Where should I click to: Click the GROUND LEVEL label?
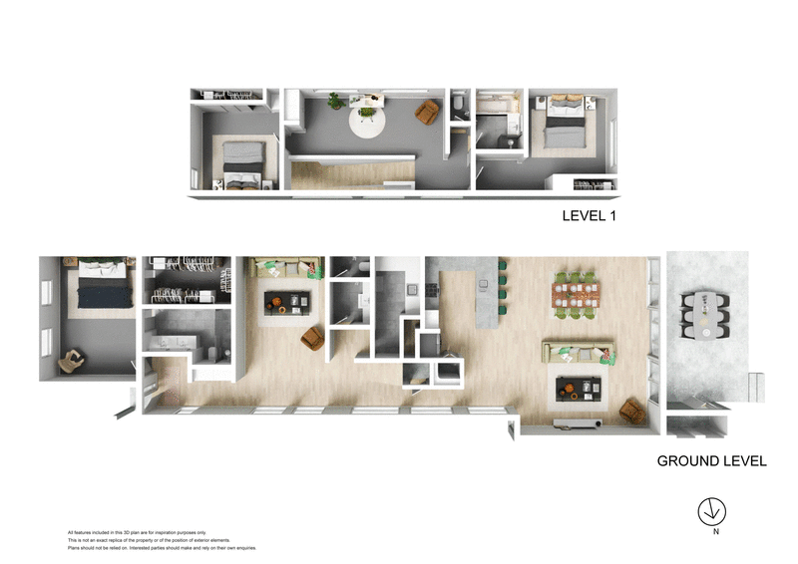pos(711,461)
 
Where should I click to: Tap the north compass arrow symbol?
pos(711,510)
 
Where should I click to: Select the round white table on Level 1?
pos(366,122)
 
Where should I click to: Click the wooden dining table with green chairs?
pos(579,294)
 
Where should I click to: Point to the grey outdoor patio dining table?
pos(707,313)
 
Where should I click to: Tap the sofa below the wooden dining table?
pos(579,351)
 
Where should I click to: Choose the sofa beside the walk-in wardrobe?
pos(284,268)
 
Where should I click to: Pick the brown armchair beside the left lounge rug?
pos(313,339)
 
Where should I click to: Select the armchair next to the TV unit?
pos(631,411)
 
